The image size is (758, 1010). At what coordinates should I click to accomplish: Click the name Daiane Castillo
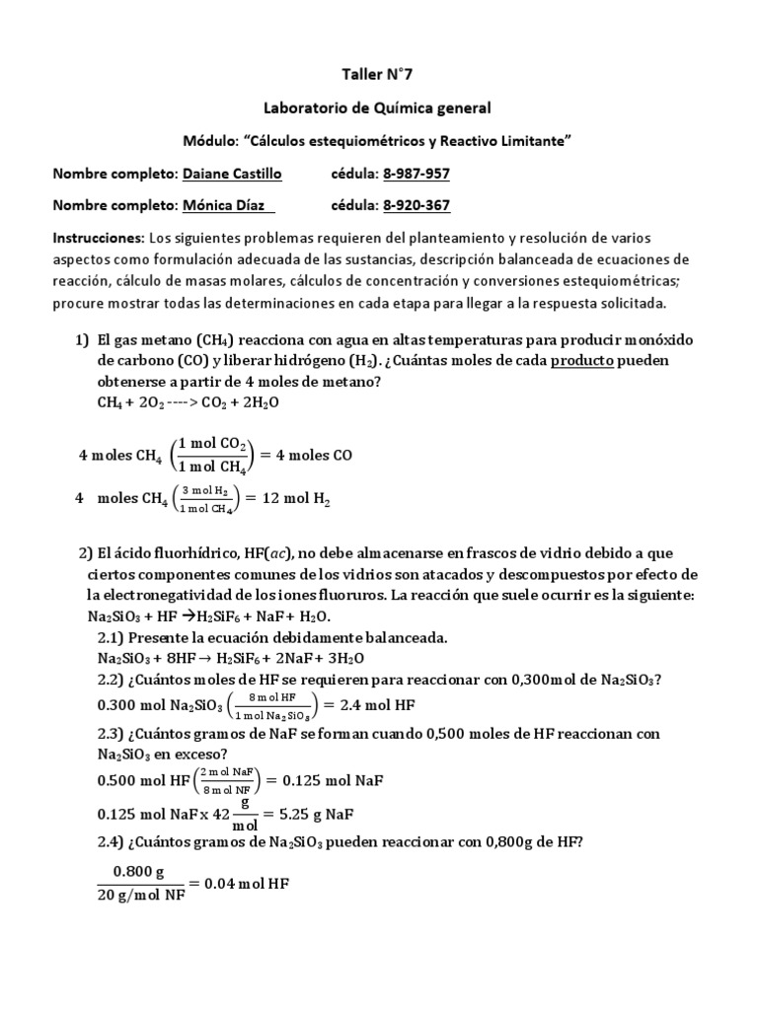point(232,174)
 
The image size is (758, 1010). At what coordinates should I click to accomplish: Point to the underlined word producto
point(582,360)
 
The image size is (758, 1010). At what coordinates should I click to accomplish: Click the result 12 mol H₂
point(294,500)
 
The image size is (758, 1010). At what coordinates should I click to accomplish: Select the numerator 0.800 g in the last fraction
point(138,871)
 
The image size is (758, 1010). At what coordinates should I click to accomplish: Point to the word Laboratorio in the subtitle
point(312,107)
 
